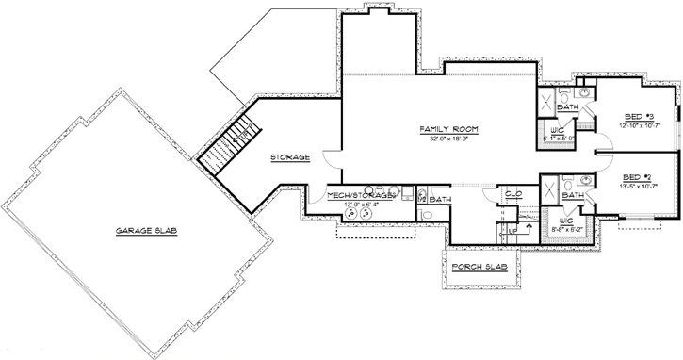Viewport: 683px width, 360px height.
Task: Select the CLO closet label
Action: [513, 193]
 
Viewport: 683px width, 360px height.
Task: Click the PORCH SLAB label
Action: [480, 267]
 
